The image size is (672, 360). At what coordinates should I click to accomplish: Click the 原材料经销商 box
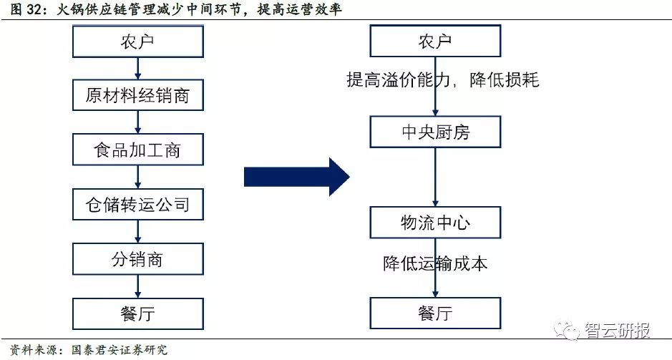tap(137, 96)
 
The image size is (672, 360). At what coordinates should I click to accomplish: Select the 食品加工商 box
tap(137, 150)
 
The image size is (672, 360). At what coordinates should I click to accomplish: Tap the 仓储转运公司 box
tap(137, 205)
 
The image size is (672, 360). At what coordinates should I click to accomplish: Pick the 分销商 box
tap(137, 259)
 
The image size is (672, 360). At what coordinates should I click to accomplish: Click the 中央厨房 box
tap(435, 132)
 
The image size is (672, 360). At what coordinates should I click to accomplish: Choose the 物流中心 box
tap(435, 223)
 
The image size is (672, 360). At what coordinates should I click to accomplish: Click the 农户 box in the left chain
tap(137, 42)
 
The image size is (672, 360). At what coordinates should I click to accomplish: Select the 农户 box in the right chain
tap(435, 42)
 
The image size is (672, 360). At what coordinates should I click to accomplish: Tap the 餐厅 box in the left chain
tap(137, 313)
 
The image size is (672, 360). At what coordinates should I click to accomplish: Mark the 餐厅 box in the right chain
tap(435, 313)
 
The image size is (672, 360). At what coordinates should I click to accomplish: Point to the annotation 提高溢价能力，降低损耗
tap(442, 80)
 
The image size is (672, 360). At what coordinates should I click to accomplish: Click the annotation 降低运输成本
tap(435, 263)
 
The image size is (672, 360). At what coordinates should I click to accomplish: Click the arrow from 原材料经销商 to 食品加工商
tap(137, 123)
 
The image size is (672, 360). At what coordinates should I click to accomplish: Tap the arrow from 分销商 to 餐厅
tap(137, 286)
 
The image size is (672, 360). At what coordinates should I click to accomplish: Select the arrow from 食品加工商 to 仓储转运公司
tap(137, 177)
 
